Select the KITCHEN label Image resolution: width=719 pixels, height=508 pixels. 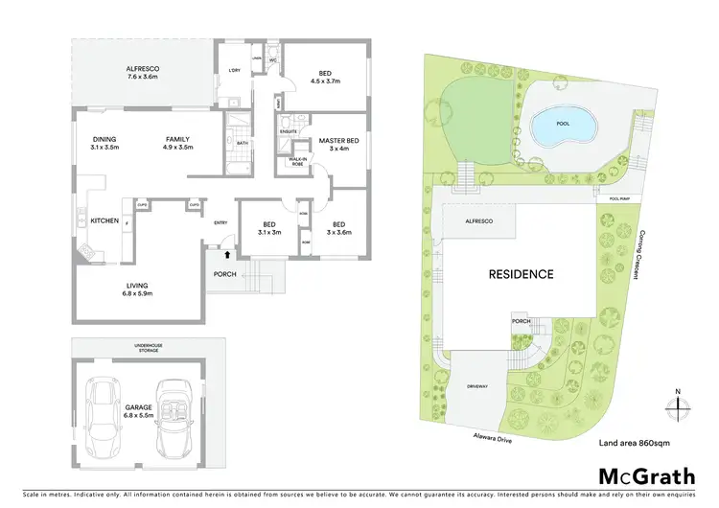click(x=104, y=220)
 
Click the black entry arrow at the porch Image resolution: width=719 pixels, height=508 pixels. click(x=226, y=256)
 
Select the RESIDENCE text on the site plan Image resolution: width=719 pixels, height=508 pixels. click(x=522, y=274)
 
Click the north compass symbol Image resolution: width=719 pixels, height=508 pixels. click(x=679, y=404)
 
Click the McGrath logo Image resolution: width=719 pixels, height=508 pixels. click(x=640, y=476)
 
